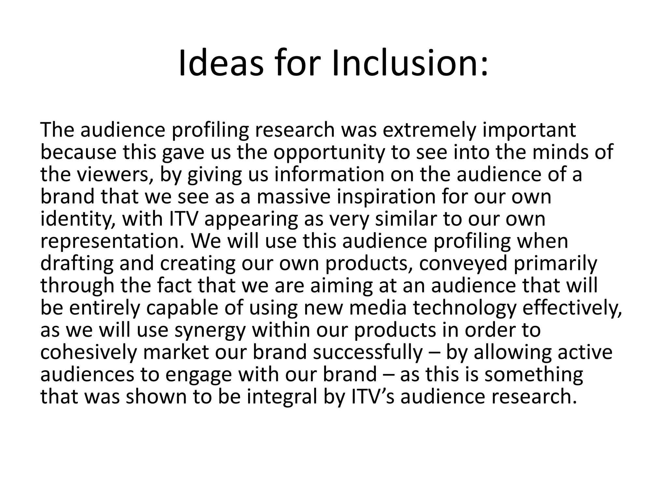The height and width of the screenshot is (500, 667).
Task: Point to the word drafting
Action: [77, 263]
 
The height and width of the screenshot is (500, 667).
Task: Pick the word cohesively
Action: [88, 352]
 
